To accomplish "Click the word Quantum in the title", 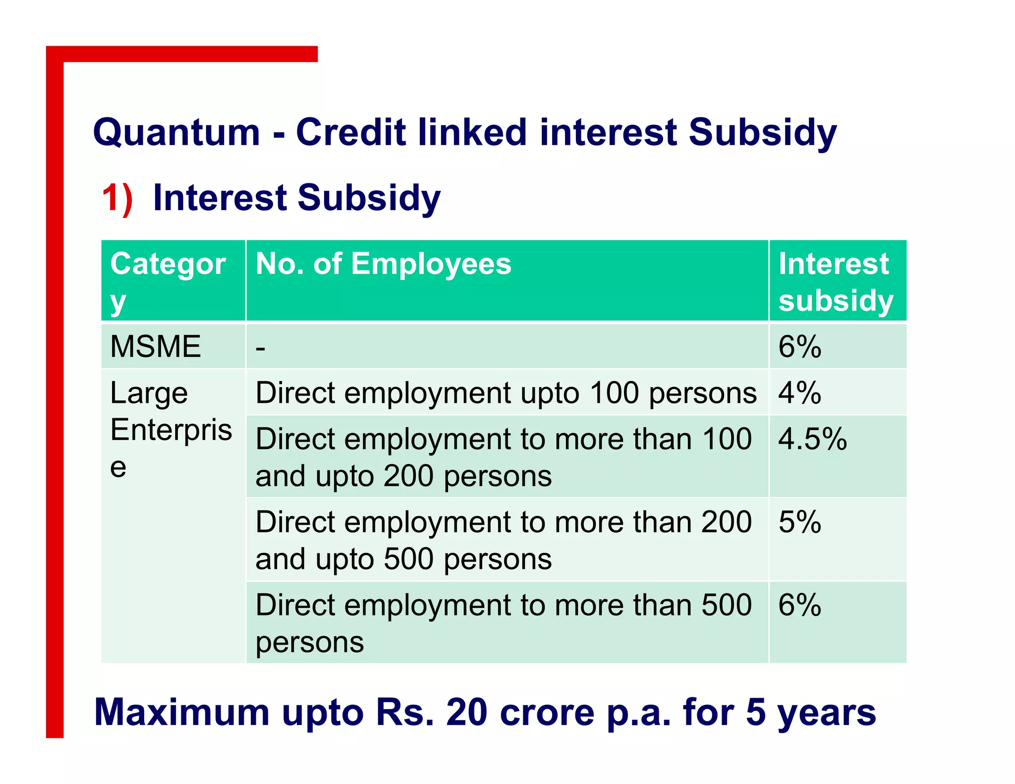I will [176, 132].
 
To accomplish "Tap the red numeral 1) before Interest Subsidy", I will [117, 198].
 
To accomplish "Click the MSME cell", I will [155, 346].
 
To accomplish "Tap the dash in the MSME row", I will [261, 348].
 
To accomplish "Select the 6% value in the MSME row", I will [799, 346].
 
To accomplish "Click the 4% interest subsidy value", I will [799, 393].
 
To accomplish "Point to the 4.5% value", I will [812, 439].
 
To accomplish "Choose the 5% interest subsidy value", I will [799, 522].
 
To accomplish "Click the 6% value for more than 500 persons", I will [799, 605].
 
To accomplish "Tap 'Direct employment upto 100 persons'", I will [506, 393].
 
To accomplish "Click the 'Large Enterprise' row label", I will [170, 429].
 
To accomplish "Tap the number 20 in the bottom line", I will [466, 713].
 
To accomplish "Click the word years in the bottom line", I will [826, 713].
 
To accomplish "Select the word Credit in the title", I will [350, 132].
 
